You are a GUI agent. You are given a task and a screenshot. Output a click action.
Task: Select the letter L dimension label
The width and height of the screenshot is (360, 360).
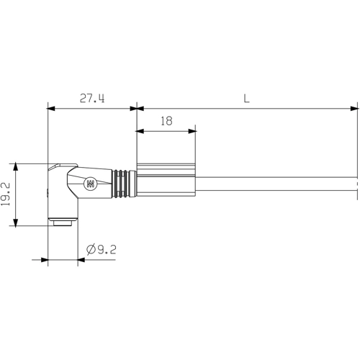(246, 99)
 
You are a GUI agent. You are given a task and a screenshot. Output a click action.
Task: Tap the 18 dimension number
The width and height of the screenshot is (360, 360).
(166, 122)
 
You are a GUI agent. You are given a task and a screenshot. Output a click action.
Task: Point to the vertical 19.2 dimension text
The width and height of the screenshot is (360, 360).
(6, 194)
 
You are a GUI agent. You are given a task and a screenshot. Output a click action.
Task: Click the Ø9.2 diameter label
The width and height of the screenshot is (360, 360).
(101, 250)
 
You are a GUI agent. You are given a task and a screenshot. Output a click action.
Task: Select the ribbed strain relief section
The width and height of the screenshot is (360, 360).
(124, 184)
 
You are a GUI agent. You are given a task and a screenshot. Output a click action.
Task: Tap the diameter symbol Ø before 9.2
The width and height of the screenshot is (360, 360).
(91, 250)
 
